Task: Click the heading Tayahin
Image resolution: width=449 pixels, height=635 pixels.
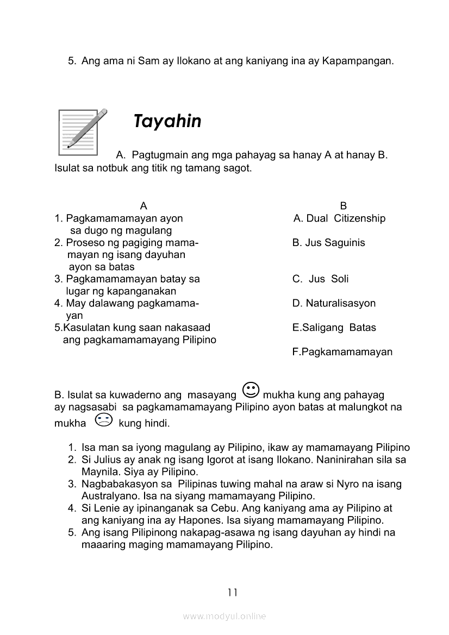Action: point(167,121)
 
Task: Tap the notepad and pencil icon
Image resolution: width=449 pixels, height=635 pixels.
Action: point(81,132)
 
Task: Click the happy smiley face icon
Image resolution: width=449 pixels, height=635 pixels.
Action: point(251,390)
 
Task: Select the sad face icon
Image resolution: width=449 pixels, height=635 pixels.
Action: point(103,420)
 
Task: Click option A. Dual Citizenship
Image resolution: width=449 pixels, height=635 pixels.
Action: point(339,218)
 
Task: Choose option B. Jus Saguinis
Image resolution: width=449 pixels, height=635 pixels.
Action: point(328,243)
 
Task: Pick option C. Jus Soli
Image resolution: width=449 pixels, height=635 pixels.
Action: point(320,279)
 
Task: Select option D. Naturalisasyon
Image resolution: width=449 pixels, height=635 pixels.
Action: point(334,303)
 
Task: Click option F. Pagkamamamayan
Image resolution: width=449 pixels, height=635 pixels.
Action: point(342,352)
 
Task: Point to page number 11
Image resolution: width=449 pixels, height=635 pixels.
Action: point(233,593)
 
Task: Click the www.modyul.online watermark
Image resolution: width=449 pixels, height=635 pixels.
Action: point(224,617)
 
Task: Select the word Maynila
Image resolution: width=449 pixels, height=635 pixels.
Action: point(99,472)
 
